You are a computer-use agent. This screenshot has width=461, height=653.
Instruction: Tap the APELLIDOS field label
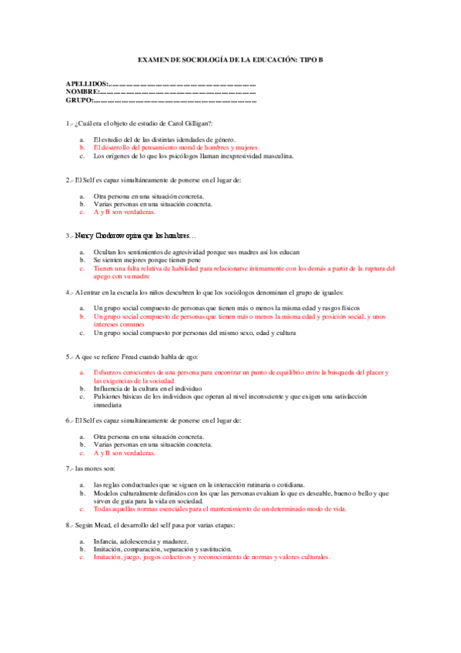tap(87, 84)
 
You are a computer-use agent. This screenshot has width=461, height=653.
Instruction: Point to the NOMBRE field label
tap(82, 92)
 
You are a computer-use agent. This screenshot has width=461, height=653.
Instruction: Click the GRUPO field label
tap(79, 100)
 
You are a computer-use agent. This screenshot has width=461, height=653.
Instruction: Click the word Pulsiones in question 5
tap(109, 397)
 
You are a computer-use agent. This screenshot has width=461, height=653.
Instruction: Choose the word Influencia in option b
tap(110, 389)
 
